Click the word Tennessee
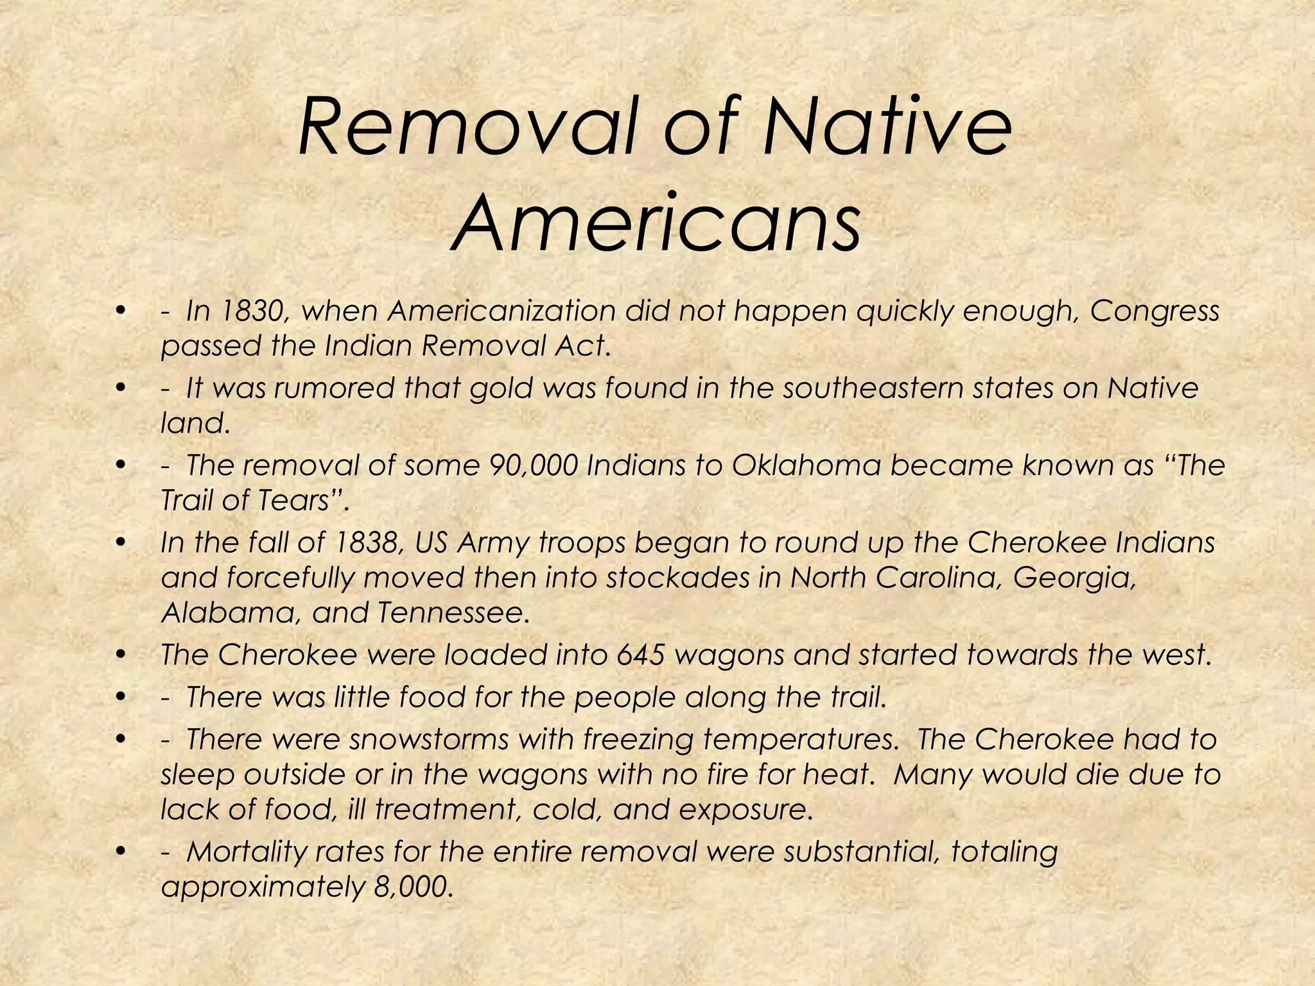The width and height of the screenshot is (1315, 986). click(453, 613)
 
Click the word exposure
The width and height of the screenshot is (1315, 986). click(745, 810)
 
